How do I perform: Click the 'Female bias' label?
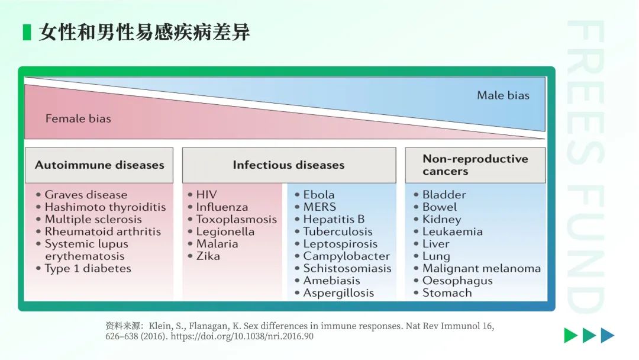click(x=78, y=118)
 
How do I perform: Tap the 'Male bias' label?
click(x=503, y=95)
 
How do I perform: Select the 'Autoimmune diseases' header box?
click(x=99, y=165)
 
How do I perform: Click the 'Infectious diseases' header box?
click(x=289, y=165)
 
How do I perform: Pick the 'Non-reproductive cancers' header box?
click(x=475, y=165)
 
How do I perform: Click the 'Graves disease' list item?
click(x=86, y=195)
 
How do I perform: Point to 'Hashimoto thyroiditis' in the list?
click(x=105, y=207)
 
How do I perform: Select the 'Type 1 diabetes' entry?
click(x=88, y=269)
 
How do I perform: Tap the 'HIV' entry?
click(x=206, y=195)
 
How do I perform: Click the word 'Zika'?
click(x=208, y=256)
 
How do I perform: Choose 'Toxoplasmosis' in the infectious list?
click(x=236, y=219)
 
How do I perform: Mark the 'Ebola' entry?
click(x=319, y=195)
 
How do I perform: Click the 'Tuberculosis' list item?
click(x=338, y=232)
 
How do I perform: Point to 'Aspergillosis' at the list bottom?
click(x=338, y=293)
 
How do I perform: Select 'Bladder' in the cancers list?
click(x=444, y=195)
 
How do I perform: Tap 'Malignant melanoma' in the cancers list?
click(x=481, y=269)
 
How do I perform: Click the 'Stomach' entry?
click(x=447, y=292)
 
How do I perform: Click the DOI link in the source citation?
click(x=242, y=336)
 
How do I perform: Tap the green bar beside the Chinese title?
click(x=27, y=32)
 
